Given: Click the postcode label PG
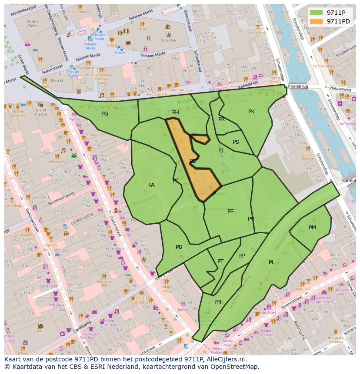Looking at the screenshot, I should click(105, 114).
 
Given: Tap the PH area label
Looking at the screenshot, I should click(176, 113).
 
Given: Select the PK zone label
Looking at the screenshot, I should click(251, 112).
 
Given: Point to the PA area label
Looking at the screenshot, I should click(151, 185).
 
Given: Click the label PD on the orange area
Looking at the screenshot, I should click(193, 161).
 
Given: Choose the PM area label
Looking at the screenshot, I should click(312, 228).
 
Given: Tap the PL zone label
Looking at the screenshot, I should click(271, 262).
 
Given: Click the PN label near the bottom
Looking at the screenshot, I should click(218, 302).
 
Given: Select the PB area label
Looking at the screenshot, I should click(179, 247).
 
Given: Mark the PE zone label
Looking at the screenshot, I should click(230, 212).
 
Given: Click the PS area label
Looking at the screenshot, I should click(236, 142).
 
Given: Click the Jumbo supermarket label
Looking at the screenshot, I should click(183, 310).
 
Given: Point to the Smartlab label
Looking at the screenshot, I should click(168, 40).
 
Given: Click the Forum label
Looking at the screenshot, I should click(120, 53).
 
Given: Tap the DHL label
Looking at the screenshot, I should click(40, 331).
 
